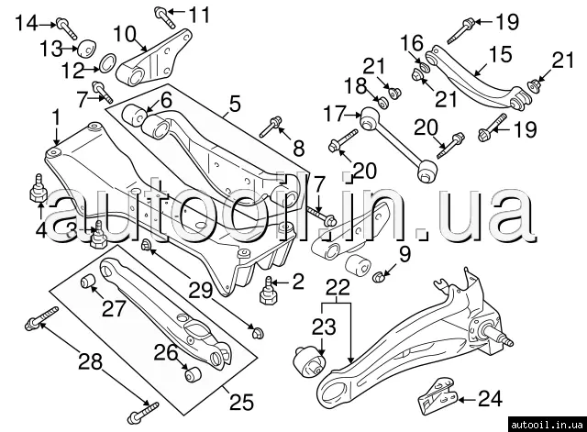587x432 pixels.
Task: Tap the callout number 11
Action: point(199,15)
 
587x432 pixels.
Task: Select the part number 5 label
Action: point(235,105)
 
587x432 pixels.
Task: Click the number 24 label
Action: point(491,398)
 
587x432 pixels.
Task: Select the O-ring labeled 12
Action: point(106,64)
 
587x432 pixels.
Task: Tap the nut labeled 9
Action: point(383,271)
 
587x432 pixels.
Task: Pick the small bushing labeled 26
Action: point(193,374)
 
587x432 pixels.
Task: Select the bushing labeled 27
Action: point(90,280)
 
